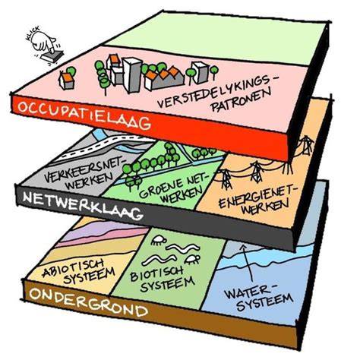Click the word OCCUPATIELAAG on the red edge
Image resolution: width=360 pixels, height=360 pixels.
click(84, 115)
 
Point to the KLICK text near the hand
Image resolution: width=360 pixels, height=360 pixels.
click(33, 33)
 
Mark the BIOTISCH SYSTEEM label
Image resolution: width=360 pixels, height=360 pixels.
click(162, 279)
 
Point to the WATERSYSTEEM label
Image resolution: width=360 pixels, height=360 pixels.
click(258, 296)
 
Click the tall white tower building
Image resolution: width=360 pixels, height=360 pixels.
click(132, 74)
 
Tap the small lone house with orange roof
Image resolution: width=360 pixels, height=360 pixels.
click(66, 81)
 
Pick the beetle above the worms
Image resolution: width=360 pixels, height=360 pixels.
click(158, 240)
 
